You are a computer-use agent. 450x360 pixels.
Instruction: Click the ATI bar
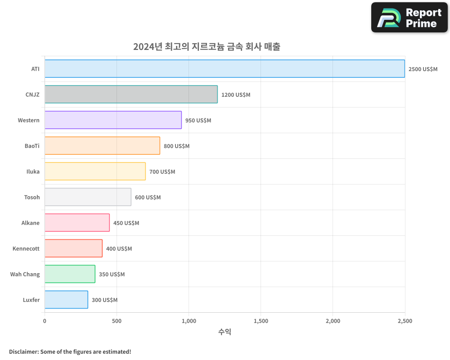click(225, 69)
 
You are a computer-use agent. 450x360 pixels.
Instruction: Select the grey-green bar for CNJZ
click(131, 94)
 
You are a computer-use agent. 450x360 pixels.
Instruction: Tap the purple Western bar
click(113, 120)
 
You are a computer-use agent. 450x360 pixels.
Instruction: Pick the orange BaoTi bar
click(102, 146)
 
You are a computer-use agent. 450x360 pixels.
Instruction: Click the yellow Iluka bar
click(95, 171)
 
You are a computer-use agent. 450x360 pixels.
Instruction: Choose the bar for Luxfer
click(66, 300)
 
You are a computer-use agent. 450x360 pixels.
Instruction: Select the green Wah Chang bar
click(70, 274)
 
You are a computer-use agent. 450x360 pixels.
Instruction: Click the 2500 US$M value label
click(423, 69)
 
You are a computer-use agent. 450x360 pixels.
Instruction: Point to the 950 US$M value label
click(198, 121)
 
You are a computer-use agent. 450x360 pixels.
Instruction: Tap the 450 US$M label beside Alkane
click(126, 223)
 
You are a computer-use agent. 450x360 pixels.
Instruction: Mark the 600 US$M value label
click(148, 198)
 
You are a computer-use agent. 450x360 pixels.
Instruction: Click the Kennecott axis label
click(26, 248)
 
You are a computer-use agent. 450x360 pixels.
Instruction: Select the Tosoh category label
click(31, 197)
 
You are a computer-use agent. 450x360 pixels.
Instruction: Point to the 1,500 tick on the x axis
click(261, 321)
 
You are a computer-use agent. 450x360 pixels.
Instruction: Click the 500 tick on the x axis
click(117, 321)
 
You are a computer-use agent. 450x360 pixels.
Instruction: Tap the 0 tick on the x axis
click(45, 321)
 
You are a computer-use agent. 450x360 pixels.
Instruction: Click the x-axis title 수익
click(225, 332)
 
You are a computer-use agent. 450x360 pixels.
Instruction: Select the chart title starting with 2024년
click(207, 46)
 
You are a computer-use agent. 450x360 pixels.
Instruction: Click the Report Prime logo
click(409, 18)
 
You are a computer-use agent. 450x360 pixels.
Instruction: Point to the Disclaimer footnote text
click(70, 351)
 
